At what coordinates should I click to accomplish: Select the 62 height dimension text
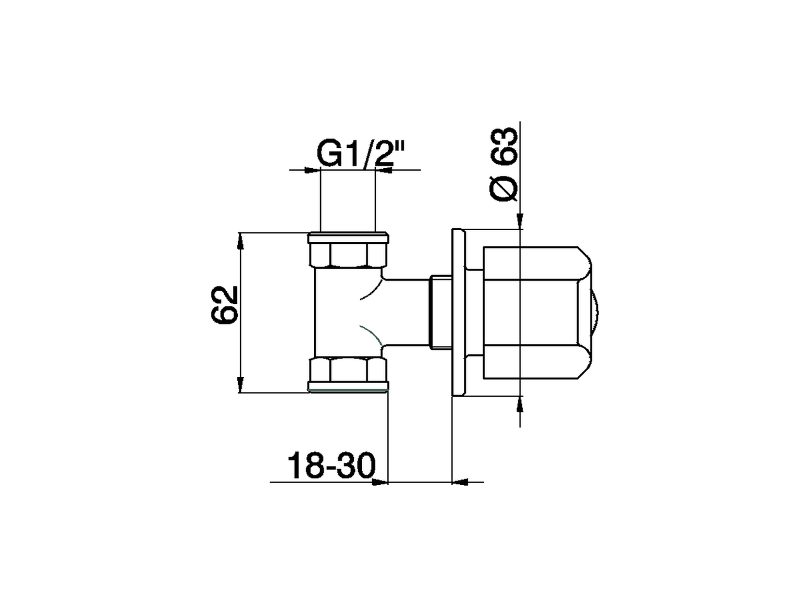224,305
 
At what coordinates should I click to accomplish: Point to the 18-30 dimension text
331,466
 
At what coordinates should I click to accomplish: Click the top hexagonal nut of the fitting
347,252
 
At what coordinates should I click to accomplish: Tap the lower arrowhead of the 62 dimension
240,385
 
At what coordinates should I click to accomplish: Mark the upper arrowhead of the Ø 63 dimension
520,221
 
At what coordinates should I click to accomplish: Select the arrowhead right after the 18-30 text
380,482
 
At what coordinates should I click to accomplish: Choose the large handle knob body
532,313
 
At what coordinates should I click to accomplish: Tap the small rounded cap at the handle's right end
594,313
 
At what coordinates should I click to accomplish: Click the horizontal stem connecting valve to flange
405,313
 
